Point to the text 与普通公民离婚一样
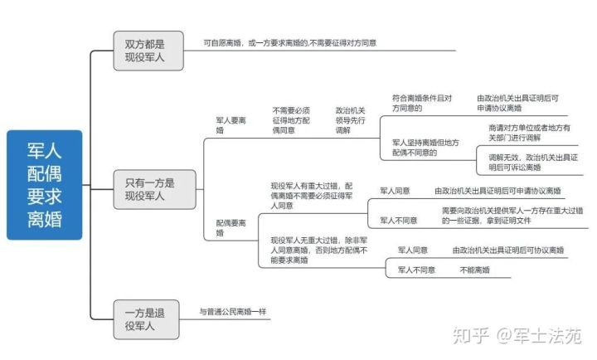233,313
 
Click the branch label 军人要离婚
231,125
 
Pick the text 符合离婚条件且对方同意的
422,103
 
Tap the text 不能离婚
475,270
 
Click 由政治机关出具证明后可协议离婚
508,250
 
